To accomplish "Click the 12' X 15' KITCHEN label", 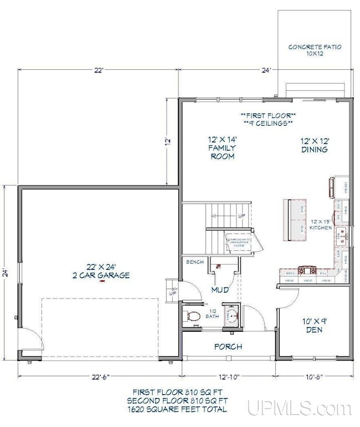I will pos(321,223).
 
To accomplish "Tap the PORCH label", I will pos(228,347).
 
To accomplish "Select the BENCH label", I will pos(194,261).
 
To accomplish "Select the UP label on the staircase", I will pos(241,215).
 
